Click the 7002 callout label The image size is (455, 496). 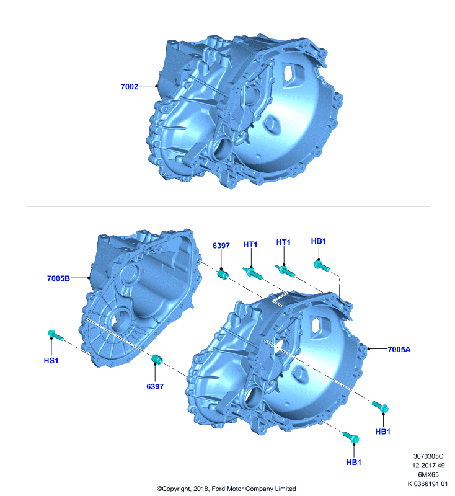coord(130,86)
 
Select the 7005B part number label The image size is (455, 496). coord(58,278)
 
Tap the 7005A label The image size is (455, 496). coord(399,349)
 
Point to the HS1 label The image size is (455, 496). coord(51,360)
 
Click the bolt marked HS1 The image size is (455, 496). coord(56,335)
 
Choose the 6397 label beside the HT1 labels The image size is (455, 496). coord(221,246)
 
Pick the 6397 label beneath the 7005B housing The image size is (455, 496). coord(155,386)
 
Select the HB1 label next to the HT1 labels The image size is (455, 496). coord(319,241)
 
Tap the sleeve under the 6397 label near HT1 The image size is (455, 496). coord(223,274)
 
